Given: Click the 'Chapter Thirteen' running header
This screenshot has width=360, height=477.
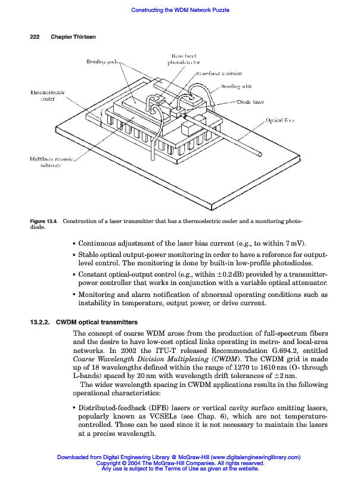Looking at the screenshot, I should tap(73, 37).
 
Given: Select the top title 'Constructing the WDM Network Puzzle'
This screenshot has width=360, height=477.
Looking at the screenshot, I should tap(180, 10).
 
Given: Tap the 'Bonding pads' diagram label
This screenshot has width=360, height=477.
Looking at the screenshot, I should tap(103, 61).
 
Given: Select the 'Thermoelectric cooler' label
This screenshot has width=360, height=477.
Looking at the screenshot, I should tap(48, 96).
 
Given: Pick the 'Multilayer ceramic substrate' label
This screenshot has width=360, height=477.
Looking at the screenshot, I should tap(51, 162).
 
